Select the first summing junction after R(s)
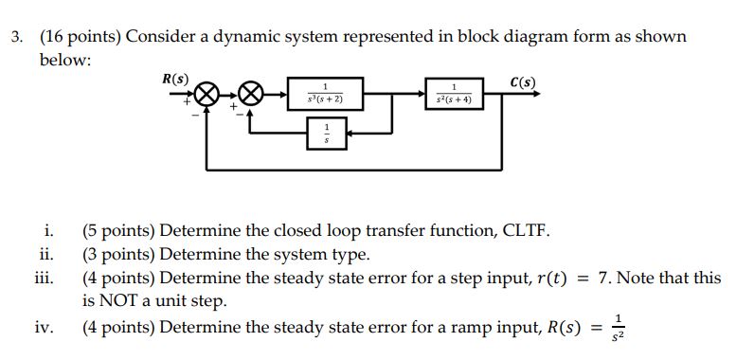click(209, 95)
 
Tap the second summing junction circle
click(250, 95)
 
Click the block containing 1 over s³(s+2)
click(326, 94)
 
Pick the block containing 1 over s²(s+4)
click(456, 94)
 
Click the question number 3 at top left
click(16, 37)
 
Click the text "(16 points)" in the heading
click(80, 37)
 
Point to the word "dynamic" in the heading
click(252, 37)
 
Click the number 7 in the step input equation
click(603, 279)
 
